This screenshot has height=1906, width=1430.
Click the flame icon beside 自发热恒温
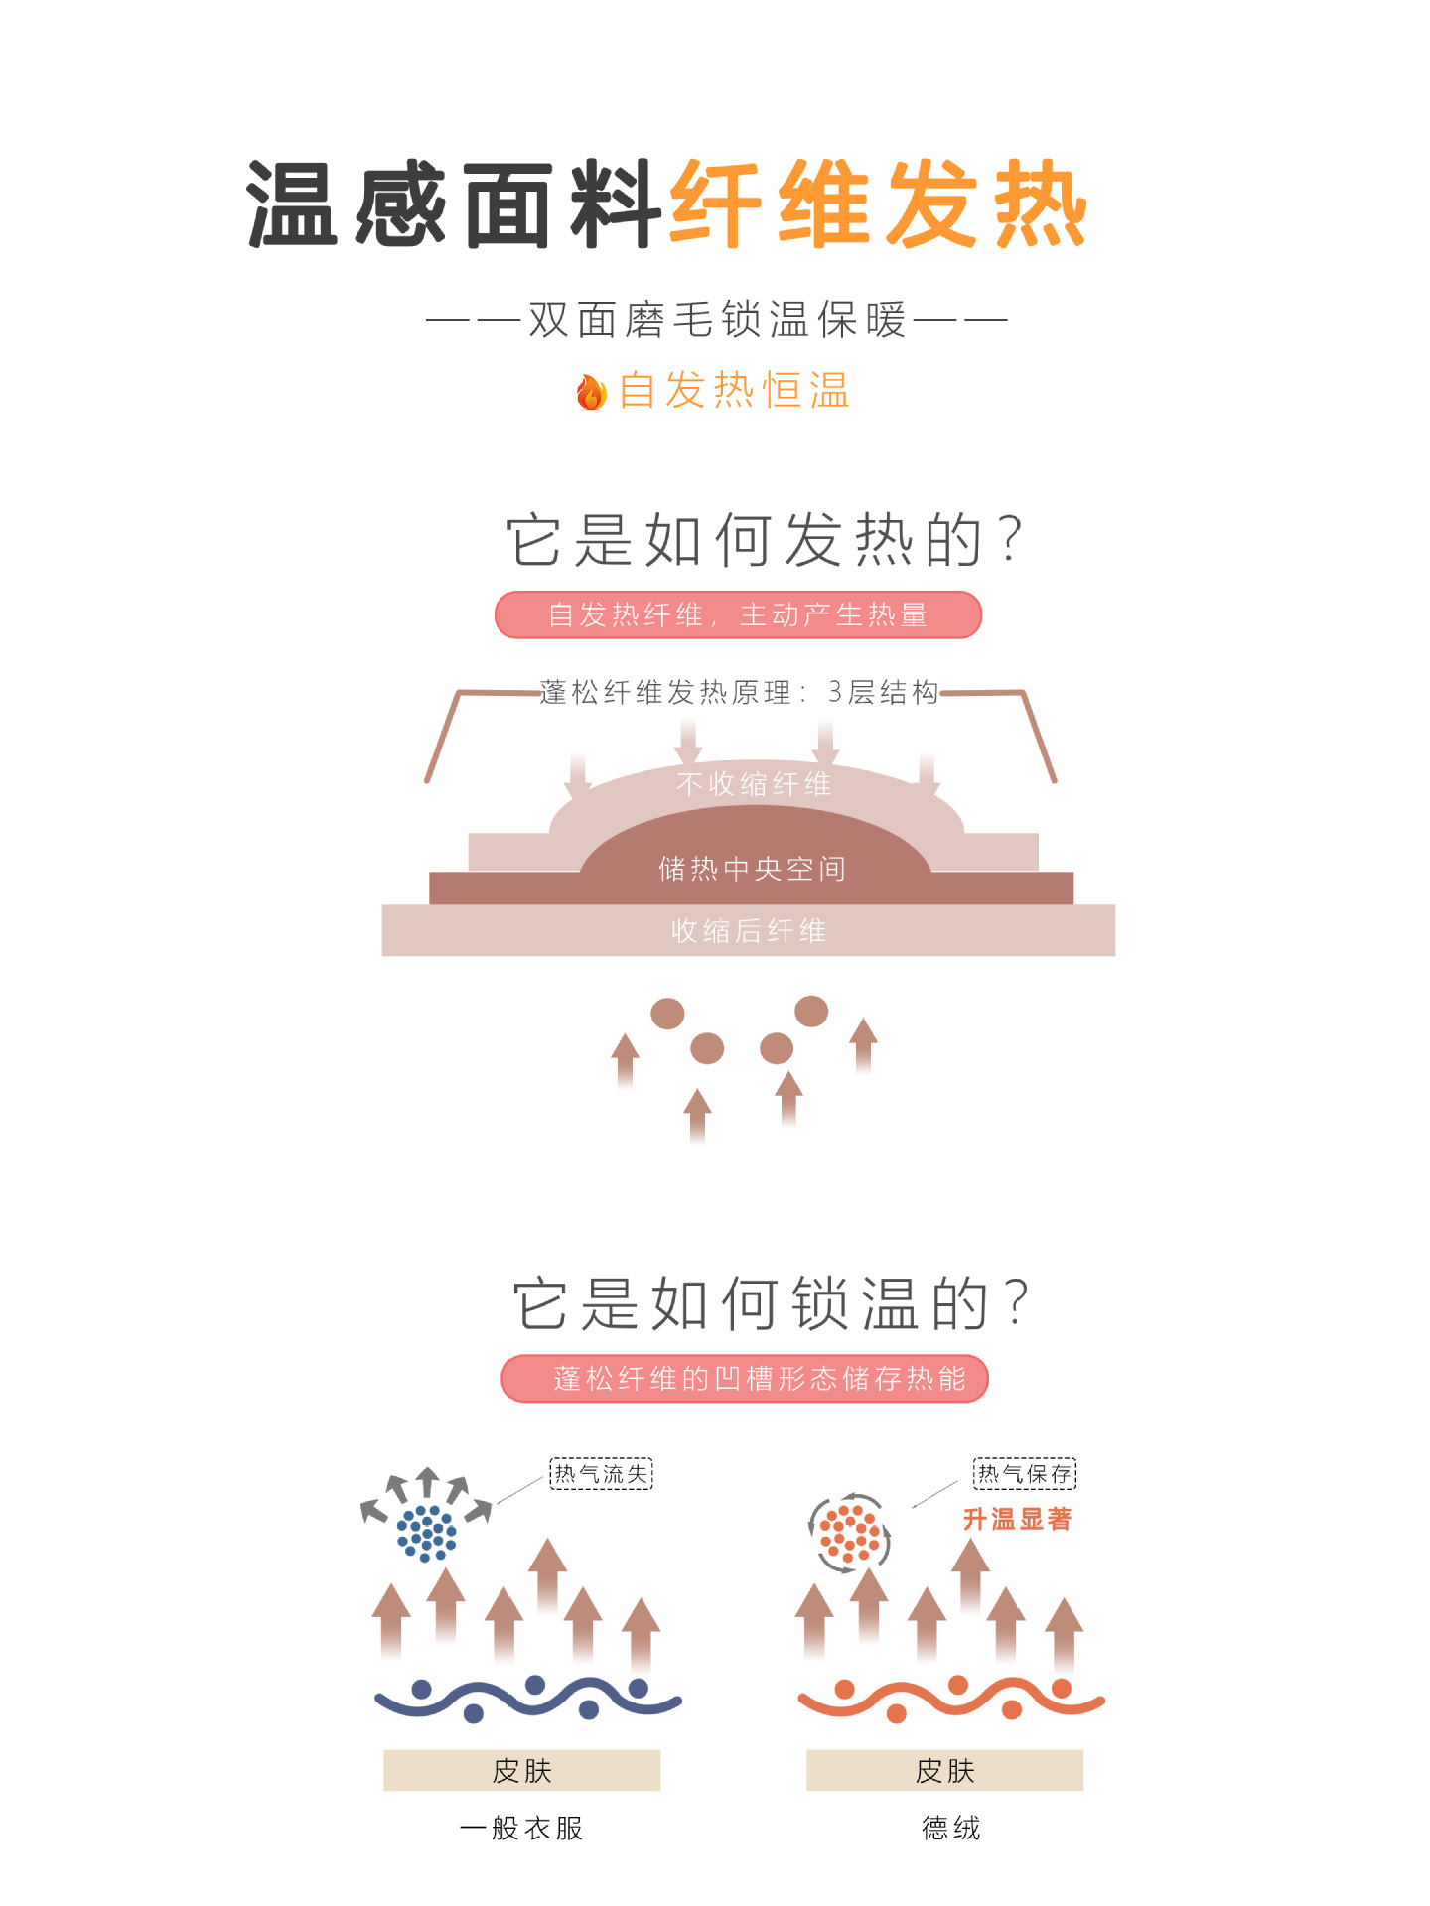pyautogui.click(x=591, y=392)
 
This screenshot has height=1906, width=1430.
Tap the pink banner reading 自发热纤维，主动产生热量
pyautogui.click(x=738, y=614)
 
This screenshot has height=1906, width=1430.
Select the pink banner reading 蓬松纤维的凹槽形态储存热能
pyautogui.click(x=745, y=1378)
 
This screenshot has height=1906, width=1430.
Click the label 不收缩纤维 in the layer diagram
pyautogui.click(x=753, y=784)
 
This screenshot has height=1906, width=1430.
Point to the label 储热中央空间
pyautogui.click(x=752, y=869)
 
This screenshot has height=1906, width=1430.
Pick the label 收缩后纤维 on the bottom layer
pyautogui.click(x=748, y=931)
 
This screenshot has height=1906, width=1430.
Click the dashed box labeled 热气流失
pyautogui.click(x=601, y=1473)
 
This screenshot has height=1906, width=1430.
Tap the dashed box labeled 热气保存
pyautogui.click(x=1024, y=1473)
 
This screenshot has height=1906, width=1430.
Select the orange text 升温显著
pyautogui.click(x=1017, y=1519)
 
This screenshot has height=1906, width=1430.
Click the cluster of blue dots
pyautogui.click(x=427, y=1533)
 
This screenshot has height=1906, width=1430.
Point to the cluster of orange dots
pyautogui.click(x=850, y=1533)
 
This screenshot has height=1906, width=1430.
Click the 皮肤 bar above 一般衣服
pyautogui.click(x=521, y=1770)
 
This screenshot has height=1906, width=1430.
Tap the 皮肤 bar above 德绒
pyautogui.click(x=944, y=1770)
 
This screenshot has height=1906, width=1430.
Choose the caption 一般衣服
pyautogui.click(x=521, y=1828)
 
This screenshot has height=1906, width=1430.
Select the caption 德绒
pyautogui.click(x=950, y=1828)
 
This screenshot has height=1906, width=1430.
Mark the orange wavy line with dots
pyautogui.click(x=951, y=1700)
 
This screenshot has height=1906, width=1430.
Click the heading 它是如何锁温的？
pyautogui.click(x=772, y=1302)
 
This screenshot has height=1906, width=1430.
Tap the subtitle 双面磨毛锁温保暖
pyautogui.click(x=717, y=320)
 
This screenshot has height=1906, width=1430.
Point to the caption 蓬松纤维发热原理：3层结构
pyautogui.click(x=739, y=692)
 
